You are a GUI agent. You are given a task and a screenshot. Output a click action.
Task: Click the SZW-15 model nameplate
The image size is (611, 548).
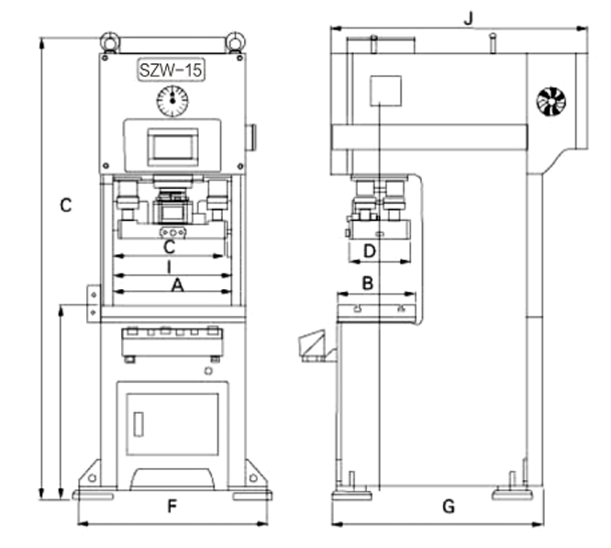click(172, 70)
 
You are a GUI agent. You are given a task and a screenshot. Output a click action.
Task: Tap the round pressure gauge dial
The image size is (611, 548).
click(172, 101)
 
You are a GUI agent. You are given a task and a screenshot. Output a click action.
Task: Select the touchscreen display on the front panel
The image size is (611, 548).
click(172, 147)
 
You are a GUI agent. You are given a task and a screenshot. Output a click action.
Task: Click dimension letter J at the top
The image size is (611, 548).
click(469, 18)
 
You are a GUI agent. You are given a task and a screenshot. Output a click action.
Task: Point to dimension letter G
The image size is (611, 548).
click(449, 507)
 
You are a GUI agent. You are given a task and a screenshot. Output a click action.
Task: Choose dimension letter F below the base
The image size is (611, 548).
click(172, 507)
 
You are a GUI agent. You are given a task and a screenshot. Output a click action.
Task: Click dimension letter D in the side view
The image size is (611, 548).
click(370, 252)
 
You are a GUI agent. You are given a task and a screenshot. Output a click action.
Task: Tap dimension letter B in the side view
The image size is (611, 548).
click(368, 284)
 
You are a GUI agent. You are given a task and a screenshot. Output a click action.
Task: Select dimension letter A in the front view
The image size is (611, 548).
click(178, 285)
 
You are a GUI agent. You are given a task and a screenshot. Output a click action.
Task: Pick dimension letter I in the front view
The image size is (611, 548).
click(169, 267)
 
